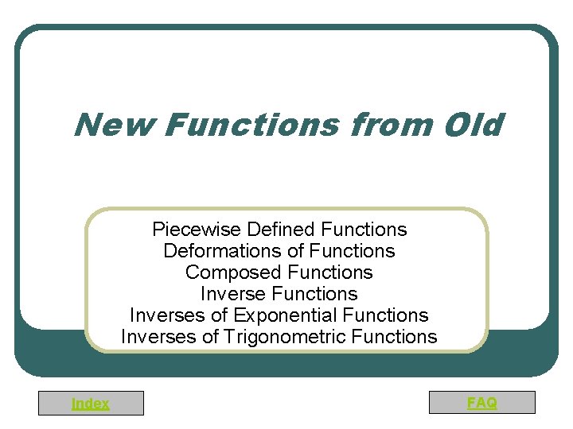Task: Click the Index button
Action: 91,404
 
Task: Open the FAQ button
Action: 481,403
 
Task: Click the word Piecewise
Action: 197,230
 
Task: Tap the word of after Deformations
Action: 294,251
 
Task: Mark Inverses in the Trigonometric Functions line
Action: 156,337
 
